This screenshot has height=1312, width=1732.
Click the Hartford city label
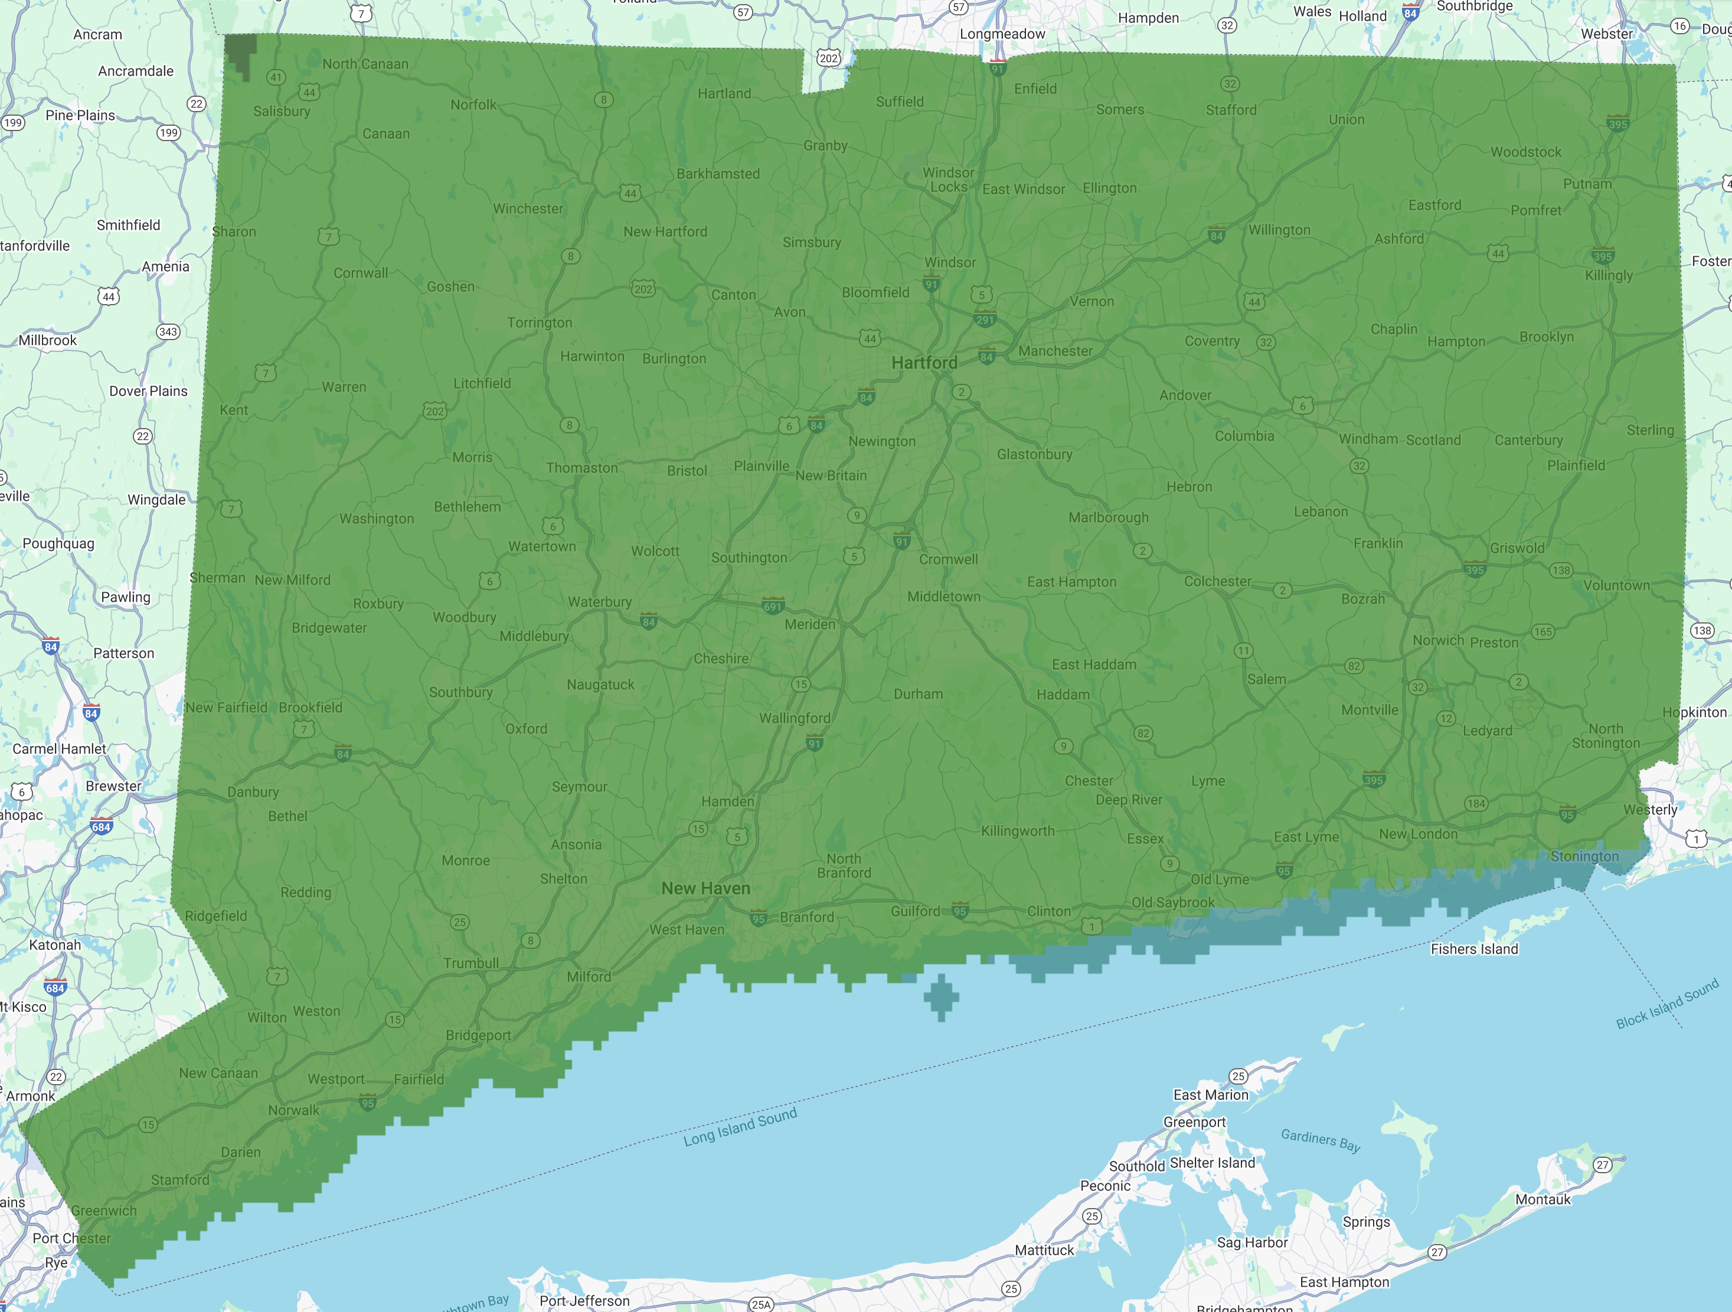tap(924, 363)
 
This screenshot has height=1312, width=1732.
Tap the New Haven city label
tap(705, 888)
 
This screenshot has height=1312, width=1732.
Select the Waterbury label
tap(600, 602)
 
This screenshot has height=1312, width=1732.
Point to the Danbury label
tap(253, 792)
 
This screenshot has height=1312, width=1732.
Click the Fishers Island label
tap(1475, 948)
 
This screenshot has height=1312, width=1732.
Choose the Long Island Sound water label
tap(740, 1127)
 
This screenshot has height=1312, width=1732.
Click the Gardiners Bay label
tap(1320, 1140)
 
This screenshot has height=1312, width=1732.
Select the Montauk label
tap(1543, 1199)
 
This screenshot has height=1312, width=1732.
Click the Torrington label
tap(540, 323)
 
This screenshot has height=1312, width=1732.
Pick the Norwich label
tap(1437, 640)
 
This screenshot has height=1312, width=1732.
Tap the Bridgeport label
tap(478, 1034)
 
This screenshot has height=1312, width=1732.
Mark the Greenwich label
tap(104, 1210)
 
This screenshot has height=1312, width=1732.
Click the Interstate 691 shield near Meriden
tap(773, 605)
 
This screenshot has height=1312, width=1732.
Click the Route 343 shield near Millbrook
tap(168, 331)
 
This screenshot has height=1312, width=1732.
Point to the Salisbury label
tap(282, 111)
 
